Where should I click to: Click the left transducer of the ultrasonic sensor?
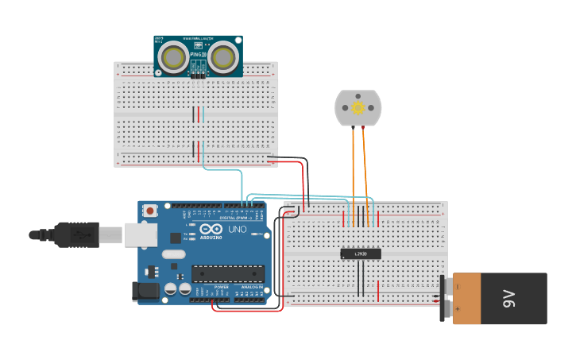173,57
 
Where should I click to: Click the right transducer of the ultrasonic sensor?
224,57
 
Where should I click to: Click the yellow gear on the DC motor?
358,107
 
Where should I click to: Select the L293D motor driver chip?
361,254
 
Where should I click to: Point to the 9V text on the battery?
508,298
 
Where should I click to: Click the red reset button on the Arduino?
150,211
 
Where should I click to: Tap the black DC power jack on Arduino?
145,291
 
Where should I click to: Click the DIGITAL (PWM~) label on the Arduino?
236,217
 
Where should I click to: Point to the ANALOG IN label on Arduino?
252,287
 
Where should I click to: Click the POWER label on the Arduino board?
221,287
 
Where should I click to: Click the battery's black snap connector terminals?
446,298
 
